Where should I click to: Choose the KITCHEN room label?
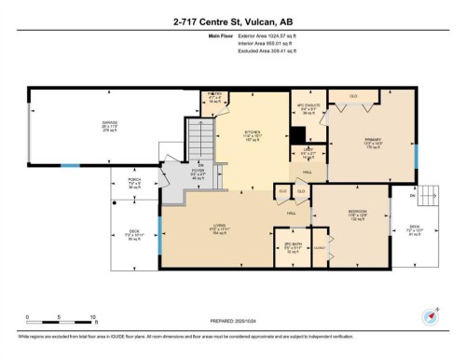click(253, 132)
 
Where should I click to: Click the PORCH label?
click(134, 183)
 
